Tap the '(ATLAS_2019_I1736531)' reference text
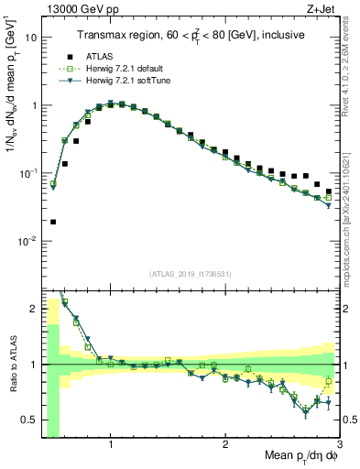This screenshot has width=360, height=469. click(189, 274)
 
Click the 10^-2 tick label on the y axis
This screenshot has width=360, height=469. click(27, 241)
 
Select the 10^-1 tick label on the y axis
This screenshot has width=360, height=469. click(27, 173)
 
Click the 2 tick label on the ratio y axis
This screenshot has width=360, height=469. click(32, 309)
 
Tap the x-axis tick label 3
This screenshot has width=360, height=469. click(339, 445)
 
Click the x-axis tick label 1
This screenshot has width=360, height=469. click(110, 445)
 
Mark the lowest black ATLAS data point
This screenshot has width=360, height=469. click(53, 222)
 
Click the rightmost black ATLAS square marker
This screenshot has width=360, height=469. click(329, 191)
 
